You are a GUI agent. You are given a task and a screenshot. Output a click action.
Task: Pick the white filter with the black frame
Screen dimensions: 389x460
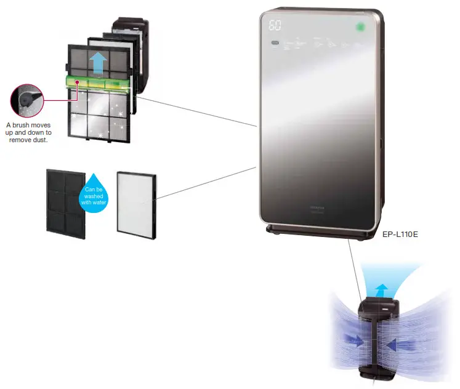pos(136,201)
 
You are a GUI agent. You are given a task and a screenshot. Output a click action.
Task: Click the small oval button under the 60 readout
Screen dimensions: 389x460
pos(274,43)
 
